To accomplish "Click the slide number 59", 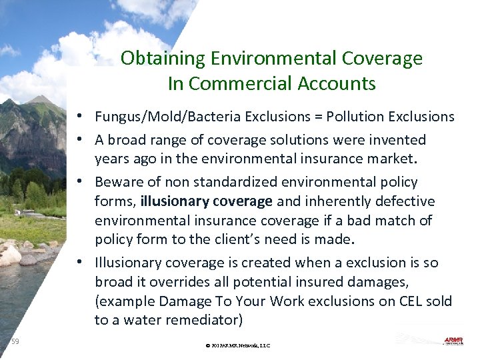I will (15, 341).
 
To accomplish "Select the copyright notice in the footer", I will (238, 345).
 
